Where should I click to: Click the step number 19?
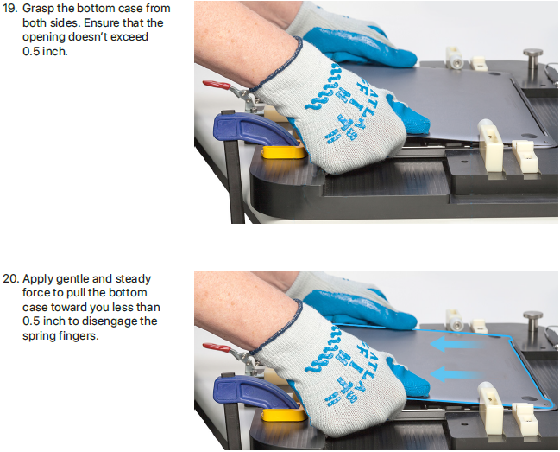click(x=9, y=9)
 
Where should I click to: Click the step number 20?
click(x=10, y=278)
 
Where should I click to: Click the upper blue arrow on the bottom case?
click(x=456, y=344)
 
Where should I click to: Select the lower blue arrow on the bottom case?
click(x=456, y=374)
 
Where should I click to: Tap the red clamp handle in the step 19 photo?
click(x=217, y=85)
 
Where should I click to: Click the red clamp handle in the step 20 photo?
click(x=217, y=347)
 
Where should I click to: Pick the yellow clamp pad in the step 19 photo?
click(x=284, y=151)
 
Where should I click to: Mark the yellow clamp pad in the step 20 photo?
click(x=284, y=415)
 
